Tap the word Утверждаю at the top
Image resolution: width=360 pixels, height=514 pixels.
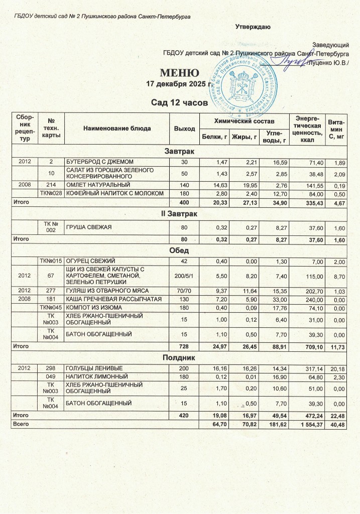(x=254, y=26)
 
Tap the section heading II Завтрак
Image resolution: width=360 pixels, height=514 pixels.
(x=180, y=214)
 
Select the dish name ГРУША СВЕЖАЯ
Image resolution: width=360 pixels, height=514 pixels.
(x=89, y=228)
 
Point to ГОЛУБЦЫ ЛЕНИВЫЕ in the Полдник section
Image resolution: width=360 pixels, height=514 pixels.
(x=95, y=368)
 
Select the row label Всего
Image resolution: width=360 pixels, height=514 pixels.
(x=21, y=425)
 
